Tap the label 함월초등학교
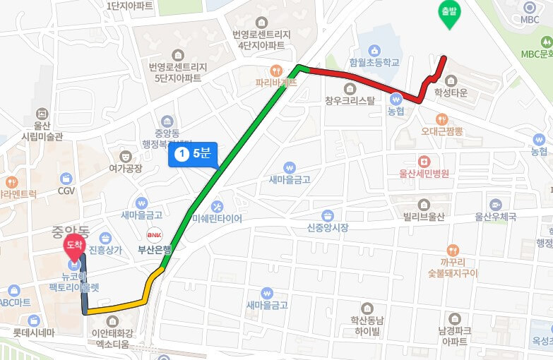tap(374, 62)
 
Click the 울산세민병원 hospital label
tap(424, 173)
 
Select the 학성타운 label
tap(451, 92)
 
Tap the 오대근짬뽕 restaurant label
tap(441, 131)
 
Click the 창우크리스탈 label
tap(350, 100)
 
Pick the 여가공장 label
tap(125, 168)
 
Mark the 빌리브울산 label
tap(422, 217)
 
